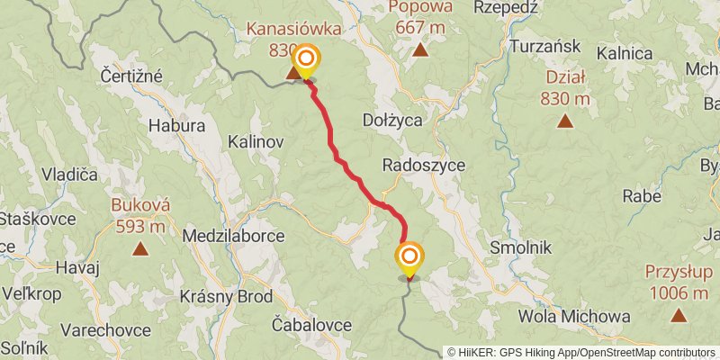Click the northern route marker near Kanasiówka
click(306, 61)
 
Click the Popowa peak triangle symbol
click(420, 49)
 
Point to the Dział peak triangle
click(565, 121)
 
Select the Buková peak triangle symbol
click(140, 248)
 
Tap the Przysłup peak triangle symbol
click(677, 315)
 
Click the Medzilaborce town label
click(233, 236)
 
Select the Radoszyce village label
click(422, 166)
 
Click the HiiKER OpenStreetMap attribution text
click(581, 353)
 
